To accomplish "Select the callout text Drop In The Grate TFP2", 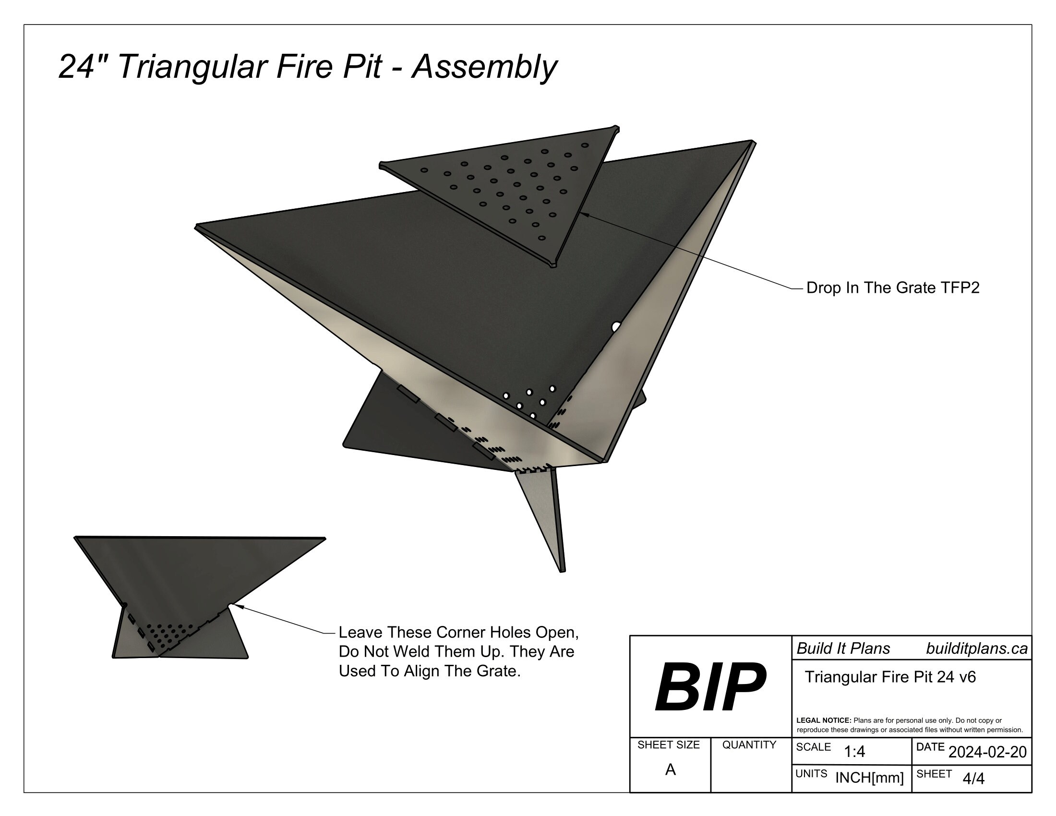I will pyautogui.click(x=893, y=288).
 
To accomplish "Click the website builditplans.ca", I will pyautogui.click(x=976, y=649).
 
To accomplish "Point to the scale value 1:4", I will pyautogui.click(x=854, y=752).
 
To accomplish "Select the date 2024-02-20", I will pyautogui.click(x=987, y=752).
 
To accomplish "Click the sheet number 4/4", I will pyautogui.click(x=973, y=779).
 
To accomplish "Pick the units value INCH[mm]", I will pyautogui.click(x=869, y=778).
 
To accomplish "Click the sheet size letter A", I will pyautogui.click(x=670, y=769).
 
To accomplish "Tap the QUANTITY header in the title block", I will pyautogui.click(x=749, y=745).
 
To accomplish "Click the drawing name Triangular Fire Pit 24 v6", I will pyautogui.click(x=889, y=677).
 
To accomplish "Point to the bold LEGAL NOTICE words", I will pyautogui.click(x=823, y=720).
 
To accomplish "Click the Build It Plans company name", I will pyautogui.click(x=843, y=649).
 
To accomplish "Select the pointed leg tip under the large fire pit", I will pyautogui.click(x=563, y=570).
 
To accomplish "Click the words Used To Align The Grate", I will pyautogui.click(x=430, y=672).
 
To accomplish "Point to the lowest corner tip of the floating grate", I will pyautogui.click(x=553, y=264).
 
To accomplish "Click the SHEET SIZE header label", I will pyautogui.click(x=668, y=745).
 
